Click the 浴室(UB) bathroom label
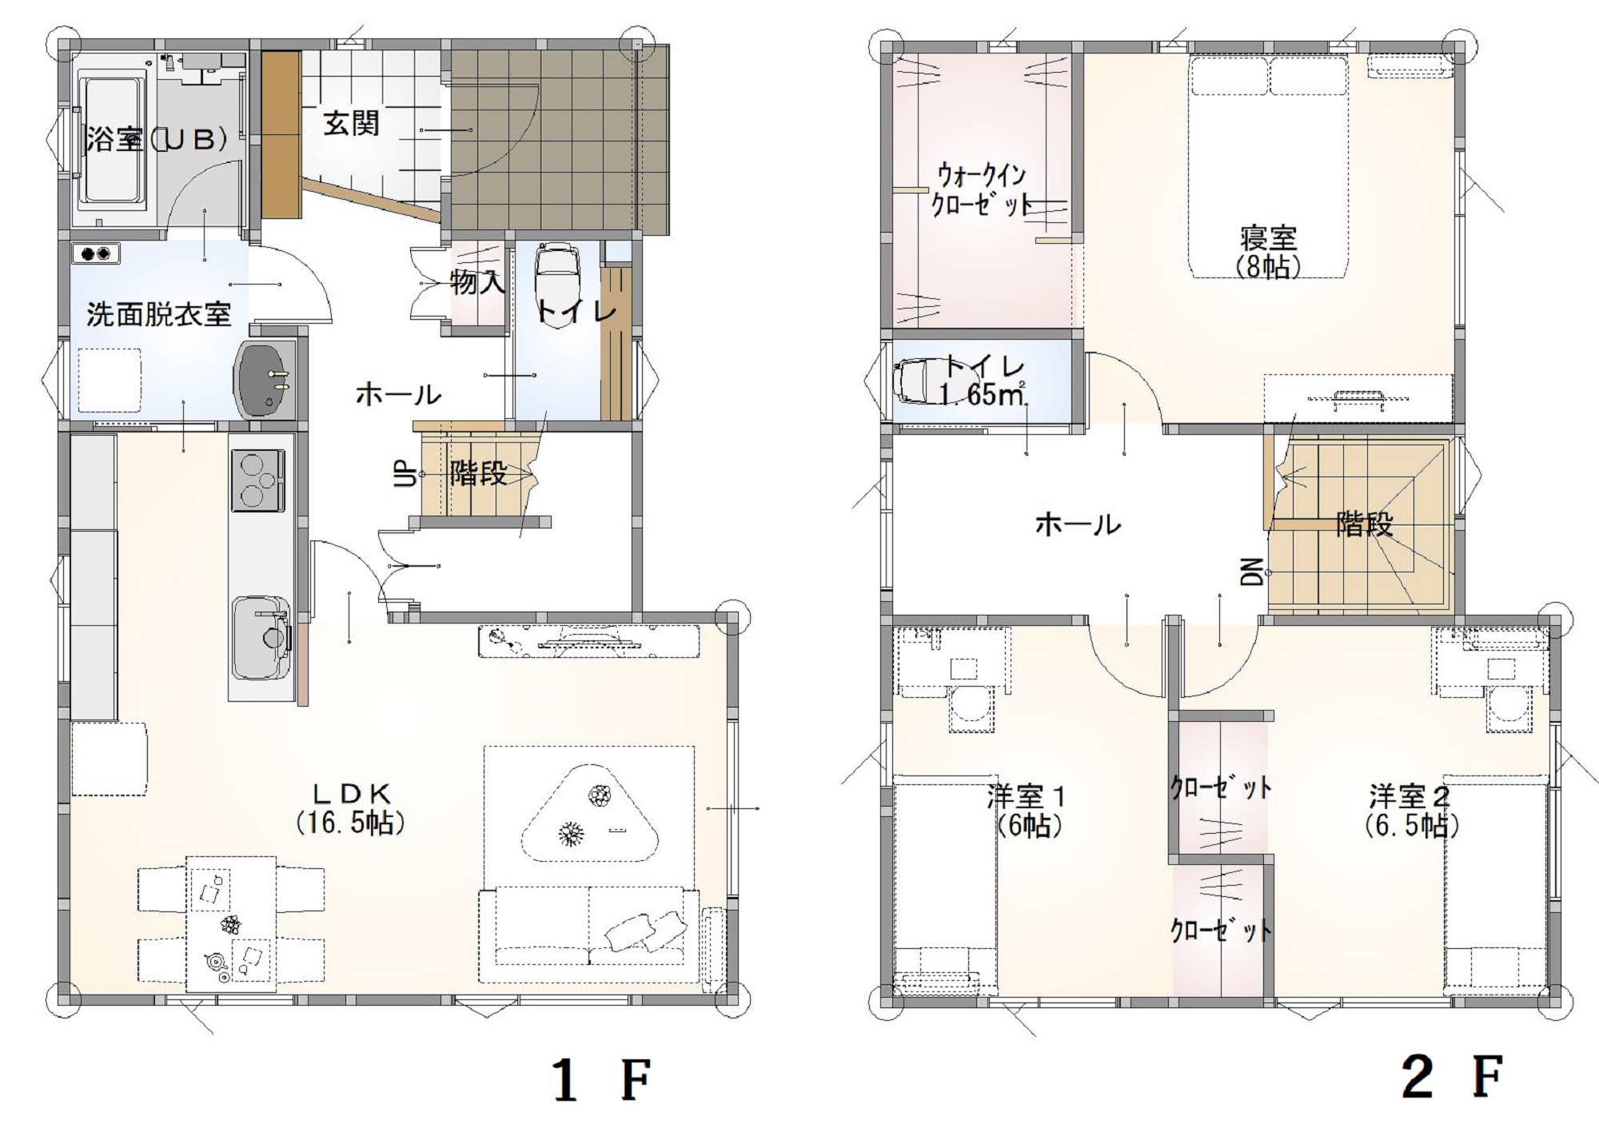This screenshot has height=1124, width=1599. pos(158,140)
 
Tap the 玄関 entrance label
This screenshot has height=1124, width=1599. pos(351,124)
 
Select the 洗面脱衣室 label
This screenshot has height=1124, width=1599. pos(158,314)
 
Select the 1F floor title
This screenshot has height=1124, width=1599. pos(602,1080)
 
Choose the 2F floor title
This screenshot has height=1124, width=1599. pos(1452,1077)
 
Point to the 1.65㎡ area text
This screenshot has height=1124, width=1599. pos(983,394)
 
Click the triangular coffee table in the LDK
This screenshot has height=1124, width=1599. pos(590,814)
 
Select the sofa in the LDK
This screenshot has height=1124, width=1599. pos(589,934)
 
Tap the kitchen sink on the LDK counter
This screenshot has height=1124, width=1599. pos(261,637)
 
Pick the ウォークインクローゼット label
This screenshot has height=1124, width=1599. pos(983,189)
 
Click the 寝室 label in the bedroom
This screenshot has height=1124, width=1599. pos(1269,238)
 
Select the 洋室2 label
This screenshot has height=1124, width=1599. pos(1410,797)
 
